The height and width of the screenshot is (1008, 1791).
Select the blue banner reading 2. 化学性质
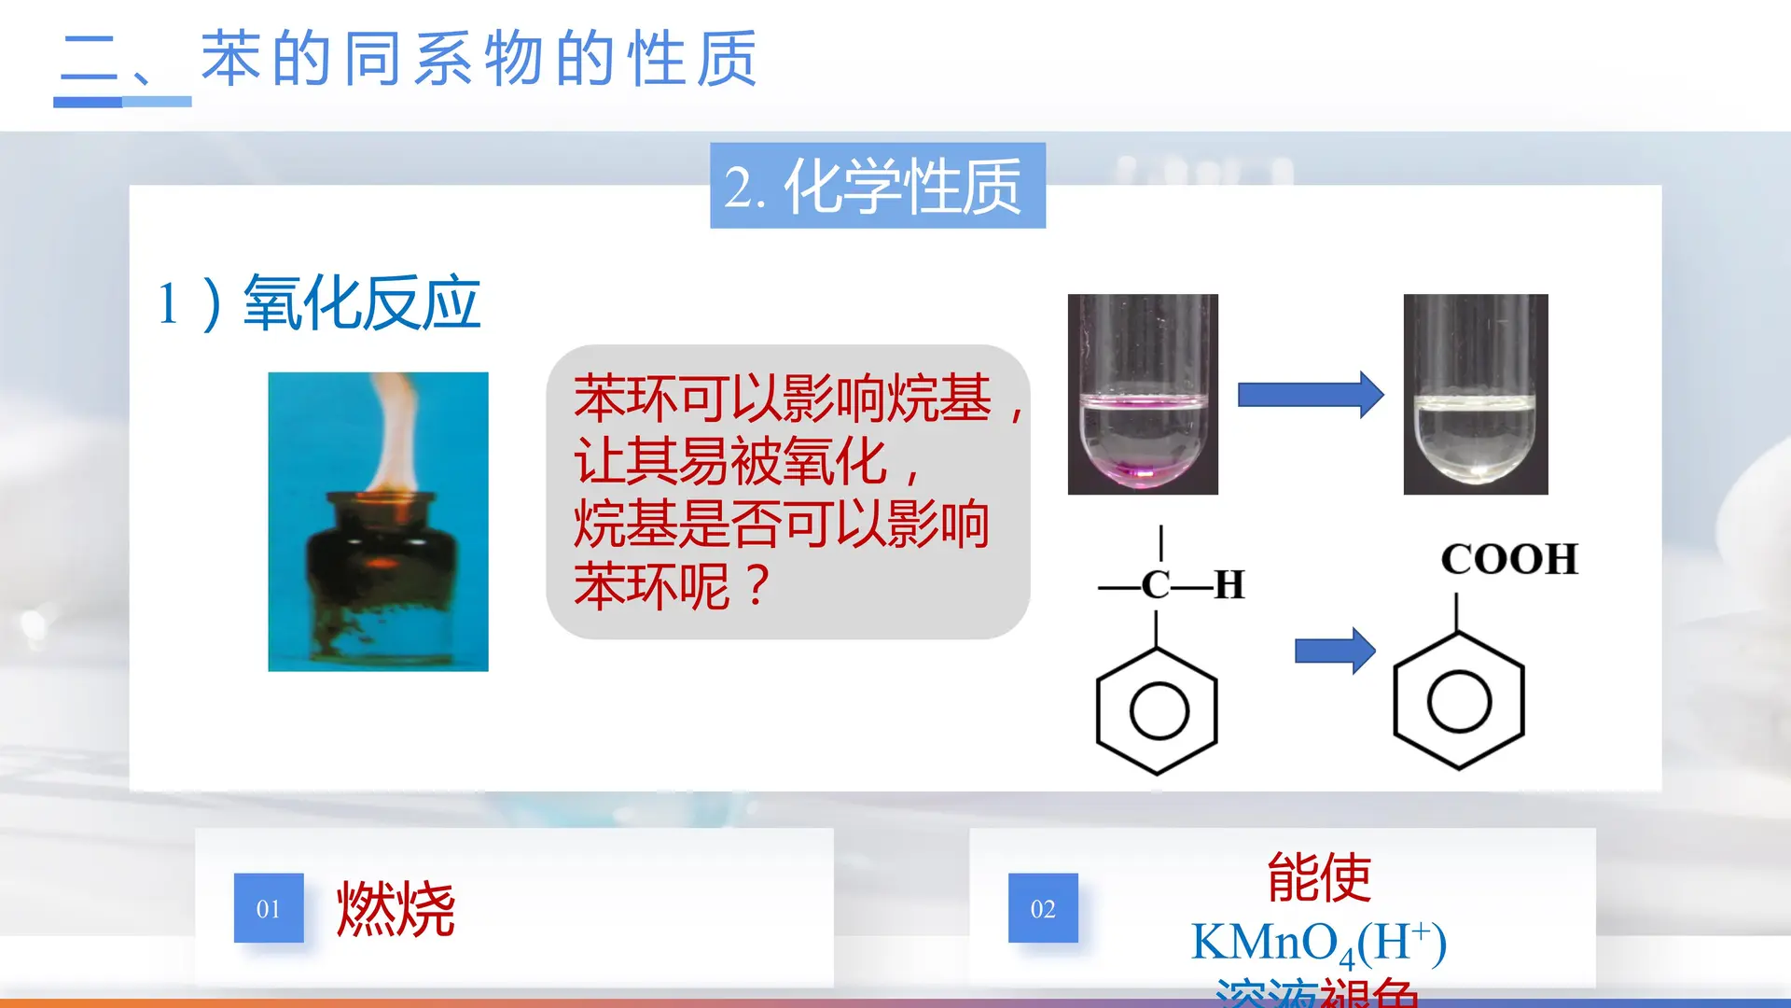tap(877, 186)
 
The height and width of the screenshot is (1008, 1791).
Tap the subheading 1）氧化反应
tap(319, 303)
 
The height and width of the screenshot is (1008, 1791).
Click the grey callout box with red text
tap(787, 492)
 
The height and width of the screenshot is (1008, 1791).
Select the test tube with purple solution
tap(1143, 394)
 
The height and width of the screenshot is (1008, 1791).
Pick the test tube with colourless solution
tap(1475, 394)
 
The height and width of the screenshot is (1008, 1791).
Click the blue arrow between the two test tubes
tap(1310, 395)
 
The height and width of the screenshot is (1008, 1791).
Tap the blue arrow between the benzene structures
tap(1334, 651)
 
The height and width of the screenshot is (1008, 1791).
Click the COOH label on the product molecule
tap(1508, 560)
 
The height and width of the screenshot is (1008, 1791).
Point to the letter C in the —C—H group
tap(1156, 585)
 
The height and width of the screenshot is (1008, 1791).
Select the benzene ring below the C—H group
tap(1158, 711)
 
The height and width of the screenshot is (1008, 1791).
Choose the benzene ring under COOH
tap(1458, 702)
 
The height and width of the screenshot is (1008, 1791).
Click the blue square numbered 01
tap(269, 908)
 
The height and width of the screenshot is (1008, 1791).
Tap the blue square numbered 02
tap(1043, 908)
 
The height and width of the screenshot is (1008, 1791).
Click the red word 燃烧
tap(396, 908)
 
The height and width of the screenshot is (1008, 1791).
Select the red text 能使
tap(1319, 877)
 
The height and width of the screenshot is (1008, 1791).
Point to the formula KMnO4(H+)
tap(1319, 943)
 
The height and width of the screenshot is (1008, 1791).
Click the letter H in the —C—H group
tap(1229, 585)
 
